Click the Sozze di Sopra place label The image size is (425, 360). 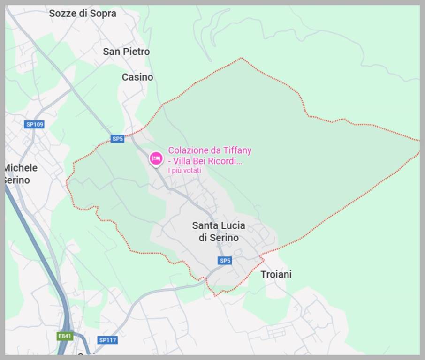(83, 14)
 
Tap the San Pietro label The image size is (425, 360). (126, 52)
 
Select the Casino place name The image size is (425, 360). (137, 77)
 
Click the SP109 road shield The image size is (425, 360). (34, 124)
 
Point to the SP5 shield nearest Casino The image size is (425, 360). (117, 139)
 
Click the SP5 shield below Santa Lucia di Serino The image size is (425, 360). (225, 261)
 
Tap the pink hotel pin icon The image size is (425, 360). (156, 158)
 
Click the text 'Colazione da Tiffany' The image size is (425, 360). (210, 150)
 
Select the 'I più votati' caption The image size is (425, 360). (184, 171)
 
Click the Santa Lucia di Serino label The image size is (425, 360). (219, 232)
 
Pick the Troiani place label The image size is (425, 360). (276, 275)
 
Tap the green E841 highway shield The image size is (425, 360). (65, 336)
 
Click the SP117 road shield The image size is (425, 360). (107, 340)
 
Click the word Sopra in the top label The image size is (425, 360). (103, 14)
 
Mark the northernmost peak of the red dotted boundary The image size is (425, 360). (242, 58)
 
